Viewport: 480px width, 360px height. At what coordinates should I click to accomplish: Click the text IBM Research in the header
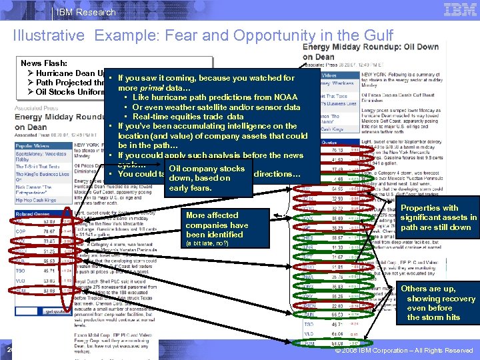[86, 12]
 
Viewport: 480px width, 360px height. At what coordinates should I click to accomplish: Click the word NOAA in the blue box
[285, 97]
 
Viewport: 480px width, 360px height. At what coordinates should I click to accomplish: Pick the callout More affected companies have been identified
[217, 225]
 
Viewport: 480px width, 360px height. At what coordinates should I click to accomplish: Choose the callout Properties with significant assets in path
[438, 217]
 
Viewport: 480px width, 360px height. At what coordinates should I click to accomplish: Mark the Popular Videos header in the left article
[33, 144]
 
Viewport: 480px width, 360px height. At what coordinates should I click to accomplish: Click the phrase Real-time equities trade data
[188, 116]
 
